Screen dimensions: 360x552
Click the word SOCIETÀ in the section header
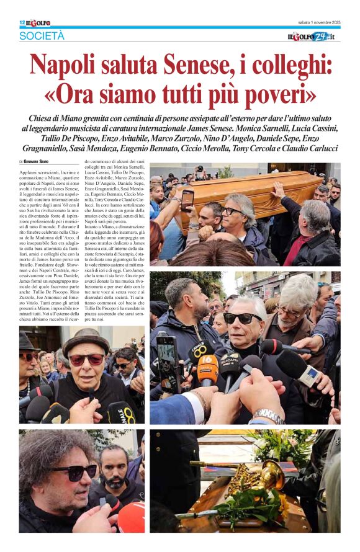[x=42, y=36]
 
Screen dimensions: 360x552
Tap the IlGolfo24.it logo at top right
[x=313, y=37]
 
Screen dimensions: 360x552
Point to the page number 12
[x=22, y=23]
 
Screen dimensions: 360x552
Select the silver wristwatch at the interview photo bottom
[x=268, y=416]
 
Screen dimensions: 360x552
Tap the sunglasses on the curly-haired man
[x=74, y=472]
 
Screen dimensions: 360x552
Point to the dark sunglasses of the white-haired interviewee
[x=242, y=318]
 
